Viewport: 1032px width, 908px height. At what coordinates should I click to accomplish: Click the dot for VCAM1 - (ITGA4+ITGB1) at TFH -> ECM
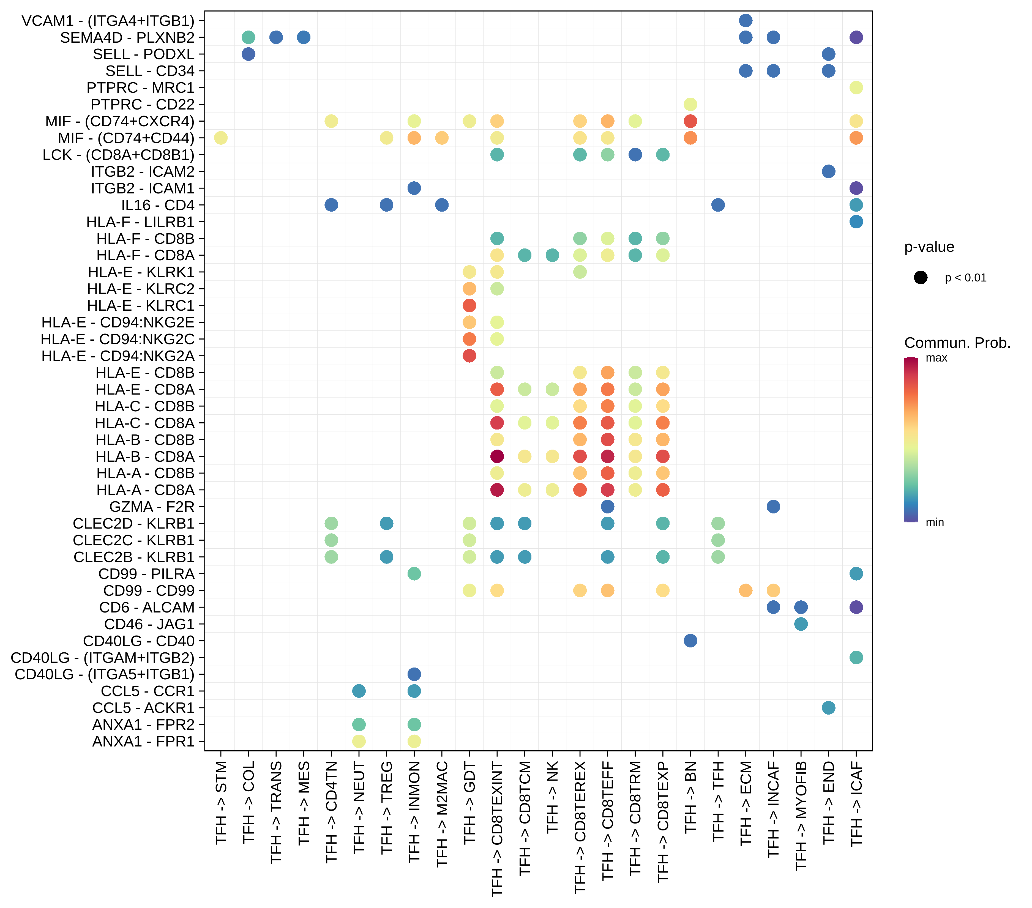(x=745, y=21)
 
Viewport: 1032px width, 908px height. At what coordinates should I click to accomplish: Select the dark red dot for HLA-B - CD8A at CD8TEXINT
(x=497, y=456)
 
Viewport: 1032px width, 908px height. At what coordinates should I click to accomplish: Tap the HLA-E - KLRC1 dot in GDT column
(x=469, y=305)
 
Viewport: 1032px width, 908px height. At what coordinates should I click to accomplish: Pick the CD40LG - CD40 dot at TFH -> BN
(x=690, y=641)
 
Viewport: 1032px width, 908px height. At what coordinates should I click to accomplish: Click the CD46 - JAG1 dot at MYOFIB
(x=801, y=624)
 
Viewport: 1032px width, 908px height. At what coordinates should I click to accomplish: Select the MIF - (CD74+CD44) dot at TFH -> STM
(x=221, y=138)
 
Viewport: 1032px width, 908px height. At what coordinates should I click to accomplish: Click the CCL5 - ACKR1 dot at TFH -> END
(x=828, y=708)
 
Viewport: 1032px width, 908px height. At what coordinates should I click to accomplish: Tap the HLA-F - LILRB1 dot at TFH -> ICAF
(x=856, y=221)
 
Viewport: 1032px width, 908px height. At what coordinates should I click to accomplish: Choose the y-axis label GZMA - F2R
(x=151, y=507)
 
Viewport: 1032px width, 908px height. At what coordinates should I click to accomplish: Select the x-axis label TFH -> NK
(x=552, y=797)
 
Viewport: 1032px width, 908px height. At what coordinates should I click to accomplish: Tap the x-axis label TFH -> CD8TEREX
(x=580, y=828)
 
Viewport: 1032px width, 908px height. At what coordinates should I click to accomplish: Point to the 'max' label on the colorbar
(x=936, y=358)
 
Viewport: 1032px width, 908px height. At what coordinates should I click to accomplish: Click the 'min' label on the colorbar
(x=935, y=523)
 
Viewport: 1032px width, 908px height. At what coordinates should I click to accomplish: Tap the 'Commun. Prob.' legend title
(x=957, y=343)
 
